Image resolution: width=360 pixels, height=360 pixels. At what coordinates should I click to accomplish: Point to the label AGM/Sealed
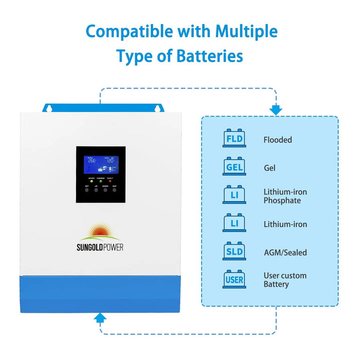[x=284, y=253]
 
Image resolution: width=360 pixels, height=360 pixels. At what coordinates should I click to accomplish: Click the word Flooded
[x=278, y=140]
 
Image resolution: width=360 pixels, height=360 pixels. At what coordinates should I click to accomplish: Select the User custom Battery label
[x=284, y=280]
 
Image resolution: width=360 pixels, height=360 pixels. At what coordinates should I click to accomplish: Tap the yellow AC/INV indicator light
[x=91, y=182]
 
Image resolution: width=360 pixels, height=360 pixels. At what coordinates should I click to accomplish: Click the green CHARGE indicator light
[x=100, y=182]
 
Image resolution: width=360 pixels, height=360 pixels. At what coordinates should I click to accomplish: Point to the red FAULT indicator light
[x=110, y=182]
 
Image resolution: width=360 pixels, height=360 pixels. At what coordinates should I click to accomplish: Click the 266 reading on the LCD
[x=92, y=160]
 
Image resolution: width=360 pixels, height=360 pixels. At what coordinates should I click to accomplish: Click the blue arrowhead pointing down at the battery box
[x=276, y=110]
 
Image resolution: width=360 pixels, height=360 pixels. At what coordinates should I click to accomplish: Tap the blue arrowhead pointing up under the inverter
[x=100, y=318]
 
